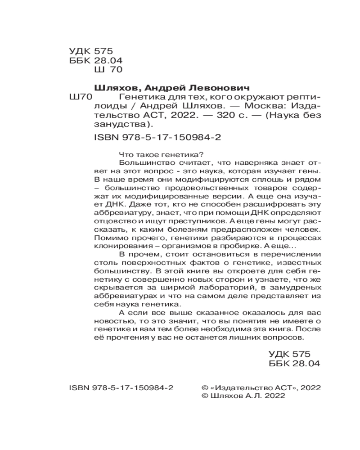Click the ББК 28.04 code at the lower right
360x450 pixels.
click(x=293, y=363)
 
